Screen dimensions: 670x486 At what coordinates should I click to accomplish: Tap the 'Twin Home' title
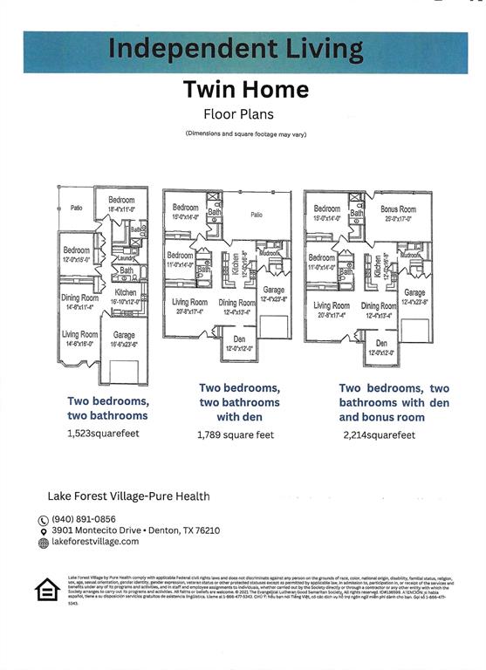245,90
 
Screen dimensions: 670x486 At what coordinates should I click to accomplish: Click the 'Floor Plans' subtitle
238,113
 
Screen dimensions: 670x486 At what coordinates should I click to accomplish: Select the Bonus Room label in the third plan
398,209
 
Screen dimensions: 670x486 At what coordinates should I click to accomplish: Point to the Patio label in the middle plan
257,214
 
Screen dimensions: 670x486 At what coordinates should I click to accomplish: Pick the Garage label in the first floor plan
124,334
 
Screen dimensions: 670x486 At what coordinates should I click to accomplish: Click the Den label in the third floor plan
381,344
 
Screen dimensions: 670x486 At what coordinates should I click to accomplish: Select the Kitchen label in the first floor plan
126,292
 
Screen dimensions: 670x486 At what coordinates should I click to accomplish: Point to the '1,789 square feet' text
236,434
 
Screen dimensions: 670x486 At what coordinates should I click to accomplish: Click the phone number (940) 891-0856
84,518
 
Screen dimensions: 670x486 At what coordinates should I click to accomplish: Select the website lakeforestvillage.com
95,542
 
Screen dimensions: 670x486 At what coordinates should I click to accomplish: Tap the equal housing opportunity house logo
47,591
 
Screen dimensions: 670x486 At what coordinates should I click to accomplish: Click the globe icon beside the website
44,543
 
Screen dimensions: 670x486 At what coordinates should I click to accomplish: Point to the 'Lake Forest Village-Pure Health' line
128,496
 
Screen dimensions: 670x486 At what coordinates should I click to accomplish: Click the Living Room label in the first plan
79,334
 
